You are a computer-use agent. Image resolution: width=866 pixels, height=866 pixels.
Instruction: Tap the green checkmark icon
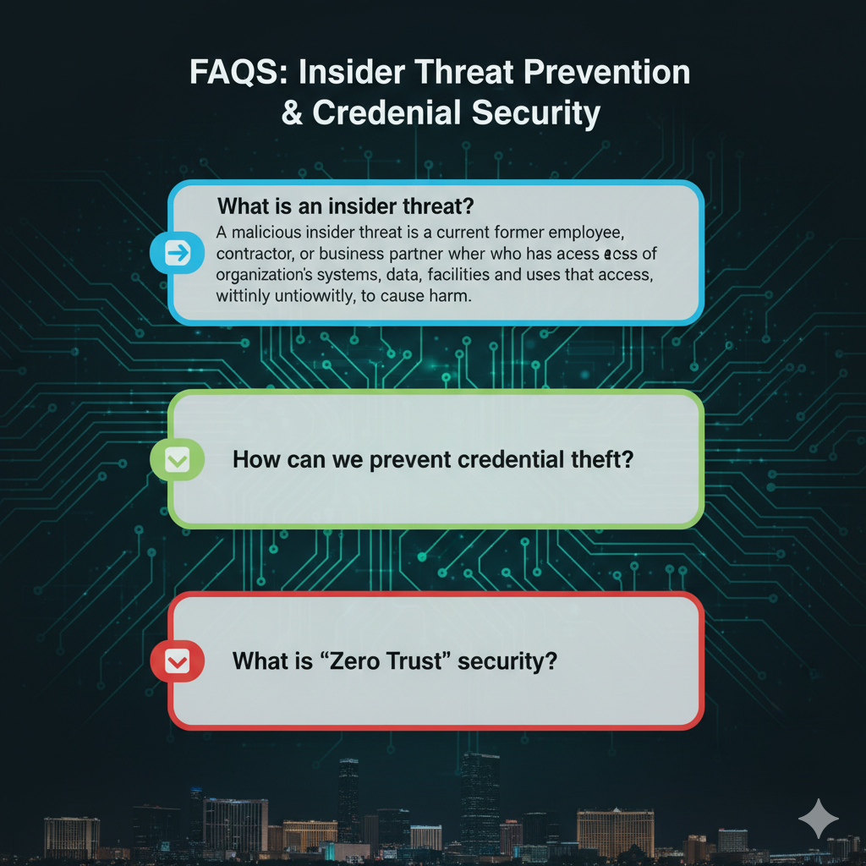pyautogui.click(x=178, y=460)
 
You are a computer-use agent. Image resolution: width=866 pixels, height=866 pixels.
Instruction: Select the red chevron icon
pyautogui.click(x=178, y=662)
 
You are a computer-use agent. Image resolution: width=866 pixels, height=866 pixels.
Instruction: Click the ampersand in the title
pyautogui.click(x=292, y=113)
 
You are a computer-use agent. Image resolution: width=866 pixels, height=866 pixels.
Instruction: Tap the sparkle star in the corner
pyautogui.click(x=818, y=819)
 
